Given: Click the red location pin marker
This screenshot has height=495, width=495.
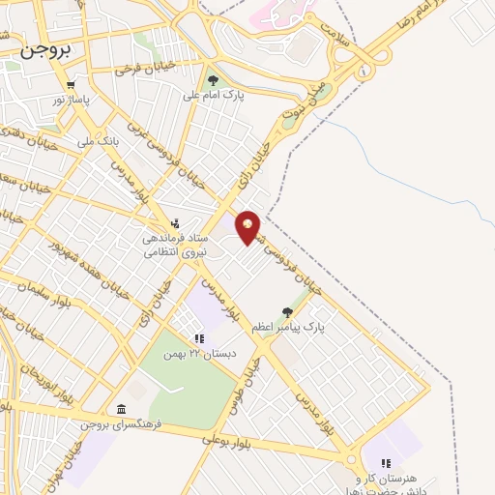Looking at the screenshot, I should [x=248, y=227].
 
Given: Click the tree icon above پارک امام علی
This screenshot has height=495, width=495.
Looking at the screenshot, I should [x=214, y=80].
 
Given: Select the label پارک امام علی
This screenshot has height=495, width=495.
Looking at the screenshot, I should [x=215, y=97].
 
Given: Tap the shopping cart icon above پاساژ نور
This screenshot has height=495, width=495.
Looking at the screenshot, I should [x=72, y=85].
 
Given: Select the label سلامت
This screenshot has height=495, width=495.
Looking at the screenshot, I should [x=339, y=40].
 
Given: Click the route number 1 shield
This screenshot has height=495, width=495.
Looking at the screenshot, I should [x=363, y=71].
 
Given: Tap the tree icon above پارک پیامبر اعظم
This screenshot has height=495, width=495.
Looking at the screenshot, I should [x=286, y=312].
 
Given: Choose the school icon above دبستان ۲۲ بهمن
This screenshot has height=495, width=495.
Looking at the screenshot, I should [x=198, y=339].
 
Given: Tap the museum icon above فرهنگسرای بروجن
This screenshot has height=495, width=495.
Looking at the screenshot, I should [x=120, y=410].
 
